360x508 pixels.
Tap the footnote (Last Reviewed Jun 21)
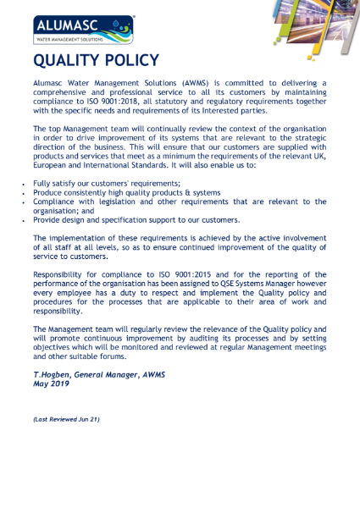67,418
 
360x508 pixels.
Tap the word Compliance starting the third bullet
58,202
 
